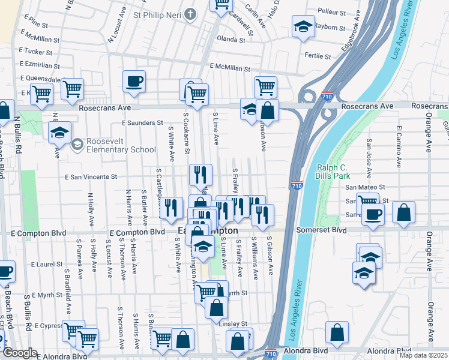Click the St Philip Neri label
[157, 14]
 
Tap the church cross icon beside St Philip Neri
[190, 14]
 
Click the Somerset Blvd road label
[323, 230]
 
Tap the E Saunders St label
[142, 122]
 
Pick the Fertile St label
[318, 56]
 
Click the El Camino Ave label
[398, 146]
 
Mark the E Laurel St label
[48, 264]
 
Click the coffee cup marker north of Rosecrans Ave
[134, 81]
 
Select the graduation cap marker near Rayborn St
[303, 27]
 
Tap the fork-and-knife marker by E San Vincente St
[200, 175]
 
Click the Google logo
[20, 353]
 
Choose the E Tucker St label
[36, 52]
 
